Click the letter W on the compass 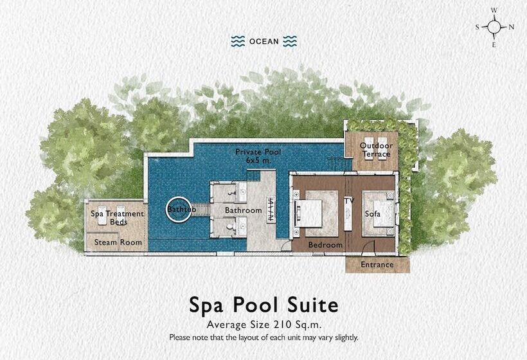point(494,11)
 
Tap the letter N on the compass point(512,27)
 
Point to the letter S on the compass point(478,27)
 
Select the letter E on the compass point(494,44)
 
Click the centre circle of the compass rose point(494,27)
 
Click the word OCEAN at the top point(263,42)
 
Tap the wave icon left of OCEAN point(238,41)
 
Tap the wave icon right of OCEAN point(290,41)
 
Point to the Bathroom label point(243,211)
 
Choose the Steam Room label point(118,242)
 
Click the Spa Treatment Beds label point(117,217)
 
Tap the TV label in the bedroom point(349,201)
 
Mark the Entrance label point(377,264)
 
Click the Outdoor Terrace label point(375,150)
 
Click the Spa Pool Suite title point(263,303)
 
